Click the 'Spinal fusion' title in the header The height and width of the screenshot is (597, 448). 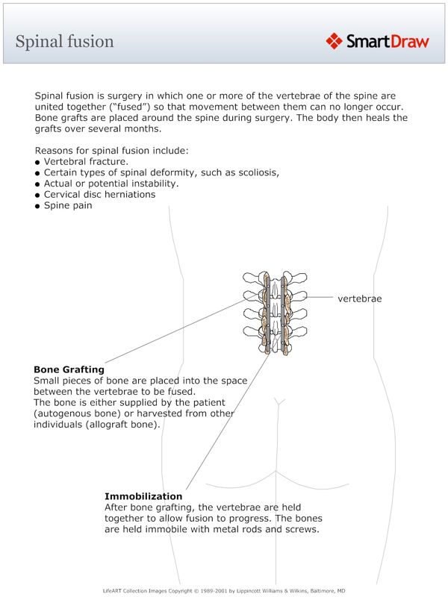[65, 41]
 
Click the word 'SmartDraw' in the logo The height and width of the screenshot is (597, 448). [388, 41]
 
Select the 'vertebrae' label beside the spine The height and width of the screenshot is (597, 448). [360, 298]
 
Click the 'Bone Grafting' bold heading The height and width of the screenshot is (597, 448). [69, 369]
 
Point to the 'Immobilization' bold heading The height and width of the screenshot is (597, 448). [143, 496]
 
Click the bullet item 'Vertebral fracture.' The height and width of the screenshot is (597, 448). [86, 161]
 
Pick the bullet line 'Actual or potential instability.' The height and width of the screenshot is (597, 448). [111, 184]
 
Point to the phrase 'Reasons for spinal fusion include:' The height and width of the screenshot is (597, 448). [111, 150]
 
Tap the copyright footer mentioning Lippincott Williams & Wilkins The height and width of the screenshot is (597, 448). [224, 590]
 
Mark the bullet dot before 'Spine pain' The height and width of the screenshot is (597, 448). [37, 206]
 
